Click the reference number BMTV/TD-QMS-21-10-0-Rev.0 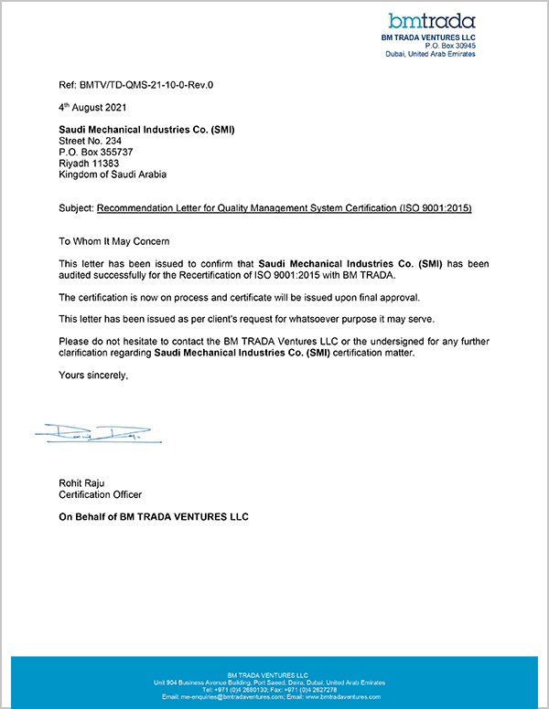point(150,85)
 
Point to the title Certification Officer point(101,494)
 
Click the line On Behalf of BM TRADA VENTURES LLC point(154,517)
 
